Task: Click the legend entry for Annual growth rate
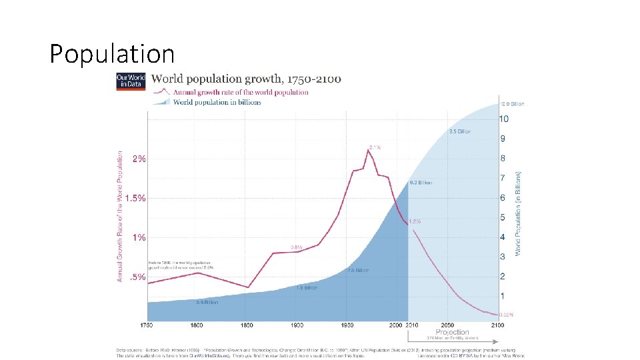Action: pyautogui.click(x=241, y=92)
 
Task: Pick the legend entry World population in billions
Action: pyautogui.click(x=217, y=102)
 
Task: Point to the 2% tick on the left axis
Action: pyautogui.click(x=139, y=159)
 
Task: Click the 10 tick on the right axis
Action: pyautogui.click(x=504, y=119)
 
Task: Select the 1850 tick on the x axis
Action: pyautogui.click(x=247, y=325)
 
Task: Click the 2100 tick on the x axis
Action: pyautogui.click(x=497, y=325)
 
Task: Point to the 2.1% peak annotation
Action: pyautogui.click(x=375, y=147)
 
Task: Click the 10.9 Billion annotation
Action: pyautogui.click(x=512, y=104)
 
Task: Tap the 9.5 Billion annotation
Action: pyautogui.click(x=460, y=131)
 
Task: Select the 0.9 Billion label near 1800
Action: pyautogui.click(x=207, y=303)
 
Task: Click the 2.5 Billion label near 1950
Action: pyautogui.click(x=357, y=271)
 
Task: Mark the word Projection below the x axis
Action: pyautogui.click(x=452, y=332)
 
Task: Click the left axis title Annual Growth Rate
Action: pyautogui.click(x=121, y=215)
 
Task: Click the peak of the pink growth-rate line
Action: pyautogui.click(x=368, y=151)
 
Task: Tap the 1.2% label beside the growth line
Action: pyautogui.click(x=415, y=221)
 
